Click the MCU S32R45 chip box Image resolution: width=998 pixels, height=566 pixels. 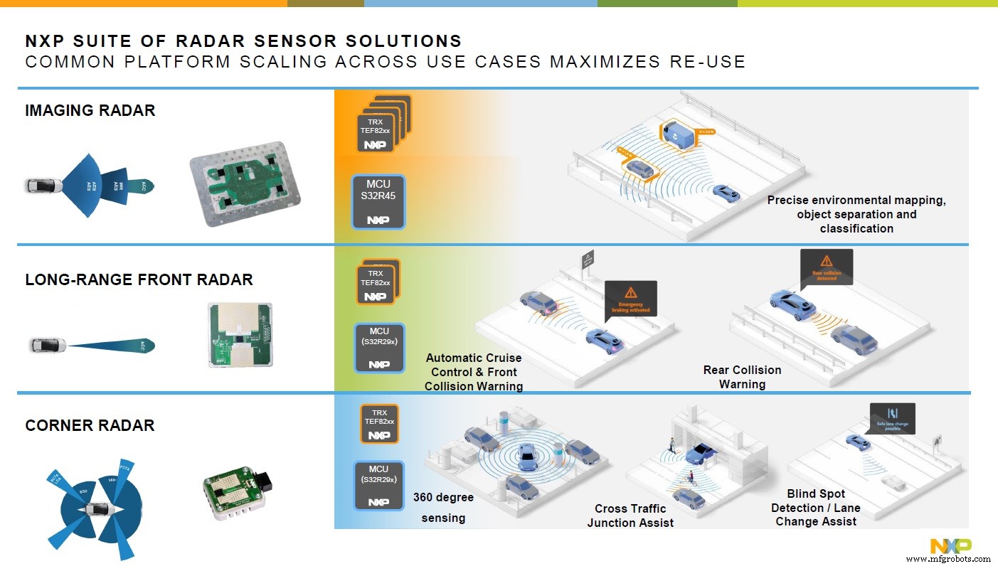point(378,202)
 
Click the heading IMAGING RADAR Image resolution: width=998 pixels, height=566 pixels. point(90,110)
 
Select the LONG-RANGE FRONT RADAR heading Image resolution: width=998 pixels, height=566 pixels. point(139,279)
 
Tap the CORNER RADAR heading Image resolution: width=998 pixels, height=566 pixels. point(90,425)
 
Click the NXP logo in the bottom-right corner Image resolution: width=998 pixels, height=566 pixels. point(951,545)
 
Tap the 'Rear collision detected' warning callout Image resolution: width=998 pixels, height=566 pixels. point(826,267)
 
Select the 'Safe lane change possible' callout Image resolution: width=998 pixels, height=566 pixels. point(892,419)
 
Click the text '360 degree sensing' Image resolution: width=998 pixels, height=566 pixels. point(443,507)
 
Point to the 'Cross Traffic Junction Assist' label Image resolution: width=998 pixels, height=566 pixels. point(630,516)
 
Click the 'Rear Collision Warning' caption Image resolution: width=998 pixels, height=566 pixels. point(742,377)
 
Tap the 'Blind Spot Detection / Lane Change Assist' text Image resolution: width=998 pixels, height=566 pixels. point(816,508)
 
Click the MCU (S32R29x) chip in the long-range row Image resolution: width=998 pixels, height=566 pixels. point(379,348)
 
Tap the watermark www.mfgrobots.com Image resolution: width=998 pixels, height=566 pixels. point(947,560)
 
